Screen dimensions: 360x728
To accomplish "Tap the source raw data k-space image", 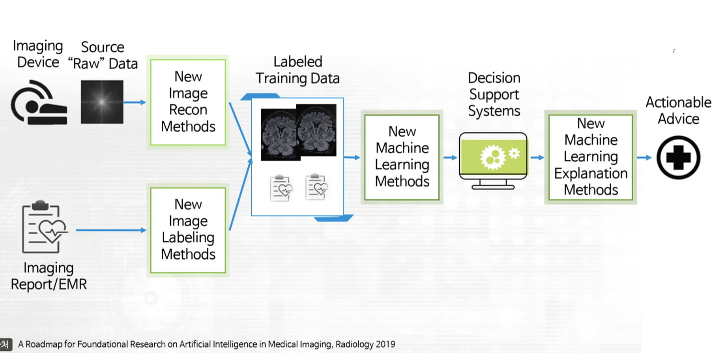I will (102, 102).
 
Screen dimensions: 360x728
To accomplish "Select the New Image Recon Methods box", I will (188, 102).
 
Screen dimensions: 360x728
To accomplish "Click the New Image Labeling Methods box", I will (188, 230).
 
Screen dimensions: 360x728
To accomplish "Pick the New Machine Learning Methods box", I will (402, 157).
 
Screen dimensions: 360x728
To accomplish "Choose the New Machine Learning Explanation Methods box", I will (591, 157).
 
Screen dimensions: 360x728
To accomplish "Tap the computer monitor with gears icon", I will (493, 159).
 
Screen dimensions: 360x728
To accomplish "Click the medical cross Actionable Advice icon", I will (678, 157).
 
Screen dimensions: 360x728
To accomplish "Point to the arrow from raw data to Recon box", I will (134, 102).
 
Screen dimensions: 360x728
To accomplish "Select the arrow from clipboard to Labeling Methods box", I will (111, 230).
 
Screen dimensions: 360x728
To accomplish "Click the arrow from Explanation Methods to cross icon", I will (644, 157).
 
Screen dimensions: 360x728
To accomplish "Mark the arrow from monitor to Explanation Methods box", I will (537, 157).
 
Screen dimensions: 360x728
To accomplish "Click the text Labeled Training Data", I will (297, 70).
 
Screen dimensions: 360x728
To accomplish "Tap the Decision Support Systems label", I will (494, 95).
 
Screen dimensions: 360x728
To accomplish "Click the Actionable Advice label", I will (678, 110).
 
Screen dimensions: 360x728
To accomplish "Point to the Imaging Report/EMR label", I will (49, 276).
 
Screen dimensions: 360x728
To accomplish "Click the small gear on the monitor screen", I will (514, 153).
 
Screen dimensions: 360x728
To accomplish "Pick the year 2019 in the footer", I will (387, 344).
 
